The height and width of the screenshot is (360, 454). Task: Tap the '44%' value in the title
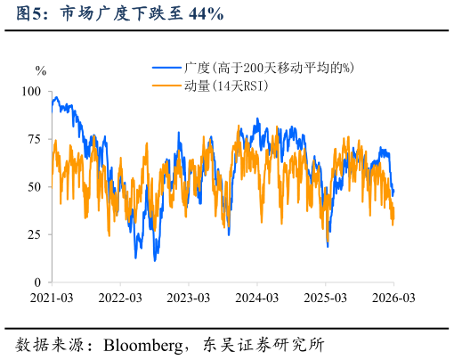(204, 13)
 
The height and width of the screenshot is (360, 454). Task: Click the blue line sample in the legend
(166, 68)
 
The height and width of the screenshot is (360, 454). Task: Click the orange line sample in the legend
(166, 86)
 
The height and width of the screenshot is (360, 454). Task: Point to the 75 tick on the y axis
(34, 139)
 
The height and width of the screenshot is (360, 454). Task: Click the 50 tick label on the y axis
(34, 187)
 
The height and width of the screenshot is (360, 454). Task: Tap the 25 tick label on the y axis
(34, 234)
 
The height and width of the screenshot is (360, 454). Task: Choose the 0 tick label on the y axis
(37, 282)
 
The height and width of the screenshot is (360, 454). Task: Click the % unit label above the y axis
(40, 70)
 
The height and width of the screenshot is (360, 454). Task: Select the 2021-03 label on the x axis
(52, 297)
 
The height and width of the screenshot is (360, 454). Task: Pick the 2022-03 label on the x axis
(120, 297)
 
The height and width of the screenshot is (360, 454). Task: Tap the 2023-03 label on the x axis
(188, 297)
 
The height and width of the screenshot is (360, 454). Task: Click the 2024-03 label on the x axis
(256, 297)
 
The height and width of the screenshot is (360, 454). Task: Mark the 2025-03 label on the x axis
(325, 297)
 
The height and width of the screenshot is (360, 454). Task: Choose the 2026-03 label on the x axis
(393, 297)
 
